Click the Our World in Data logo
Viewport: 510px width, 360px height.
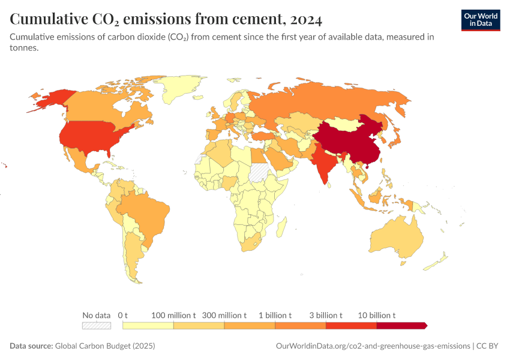(480, 19)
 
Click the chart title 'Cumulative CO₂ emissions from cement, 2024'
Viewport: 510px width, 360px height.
(166, 19)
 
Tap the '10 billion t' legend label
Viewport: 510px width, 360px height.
(377, 315)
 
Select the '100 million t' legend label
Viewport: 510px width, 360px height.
(173, 315)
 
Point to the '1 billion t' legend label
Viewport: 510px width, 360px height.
(275, 315)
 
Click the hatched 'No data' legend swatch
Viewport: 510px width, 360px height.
(97, 326)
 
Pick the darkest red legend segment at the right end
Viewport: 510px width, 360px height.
(401, 326)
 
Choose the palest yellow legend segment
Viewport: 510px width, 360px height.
(148, 326)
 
